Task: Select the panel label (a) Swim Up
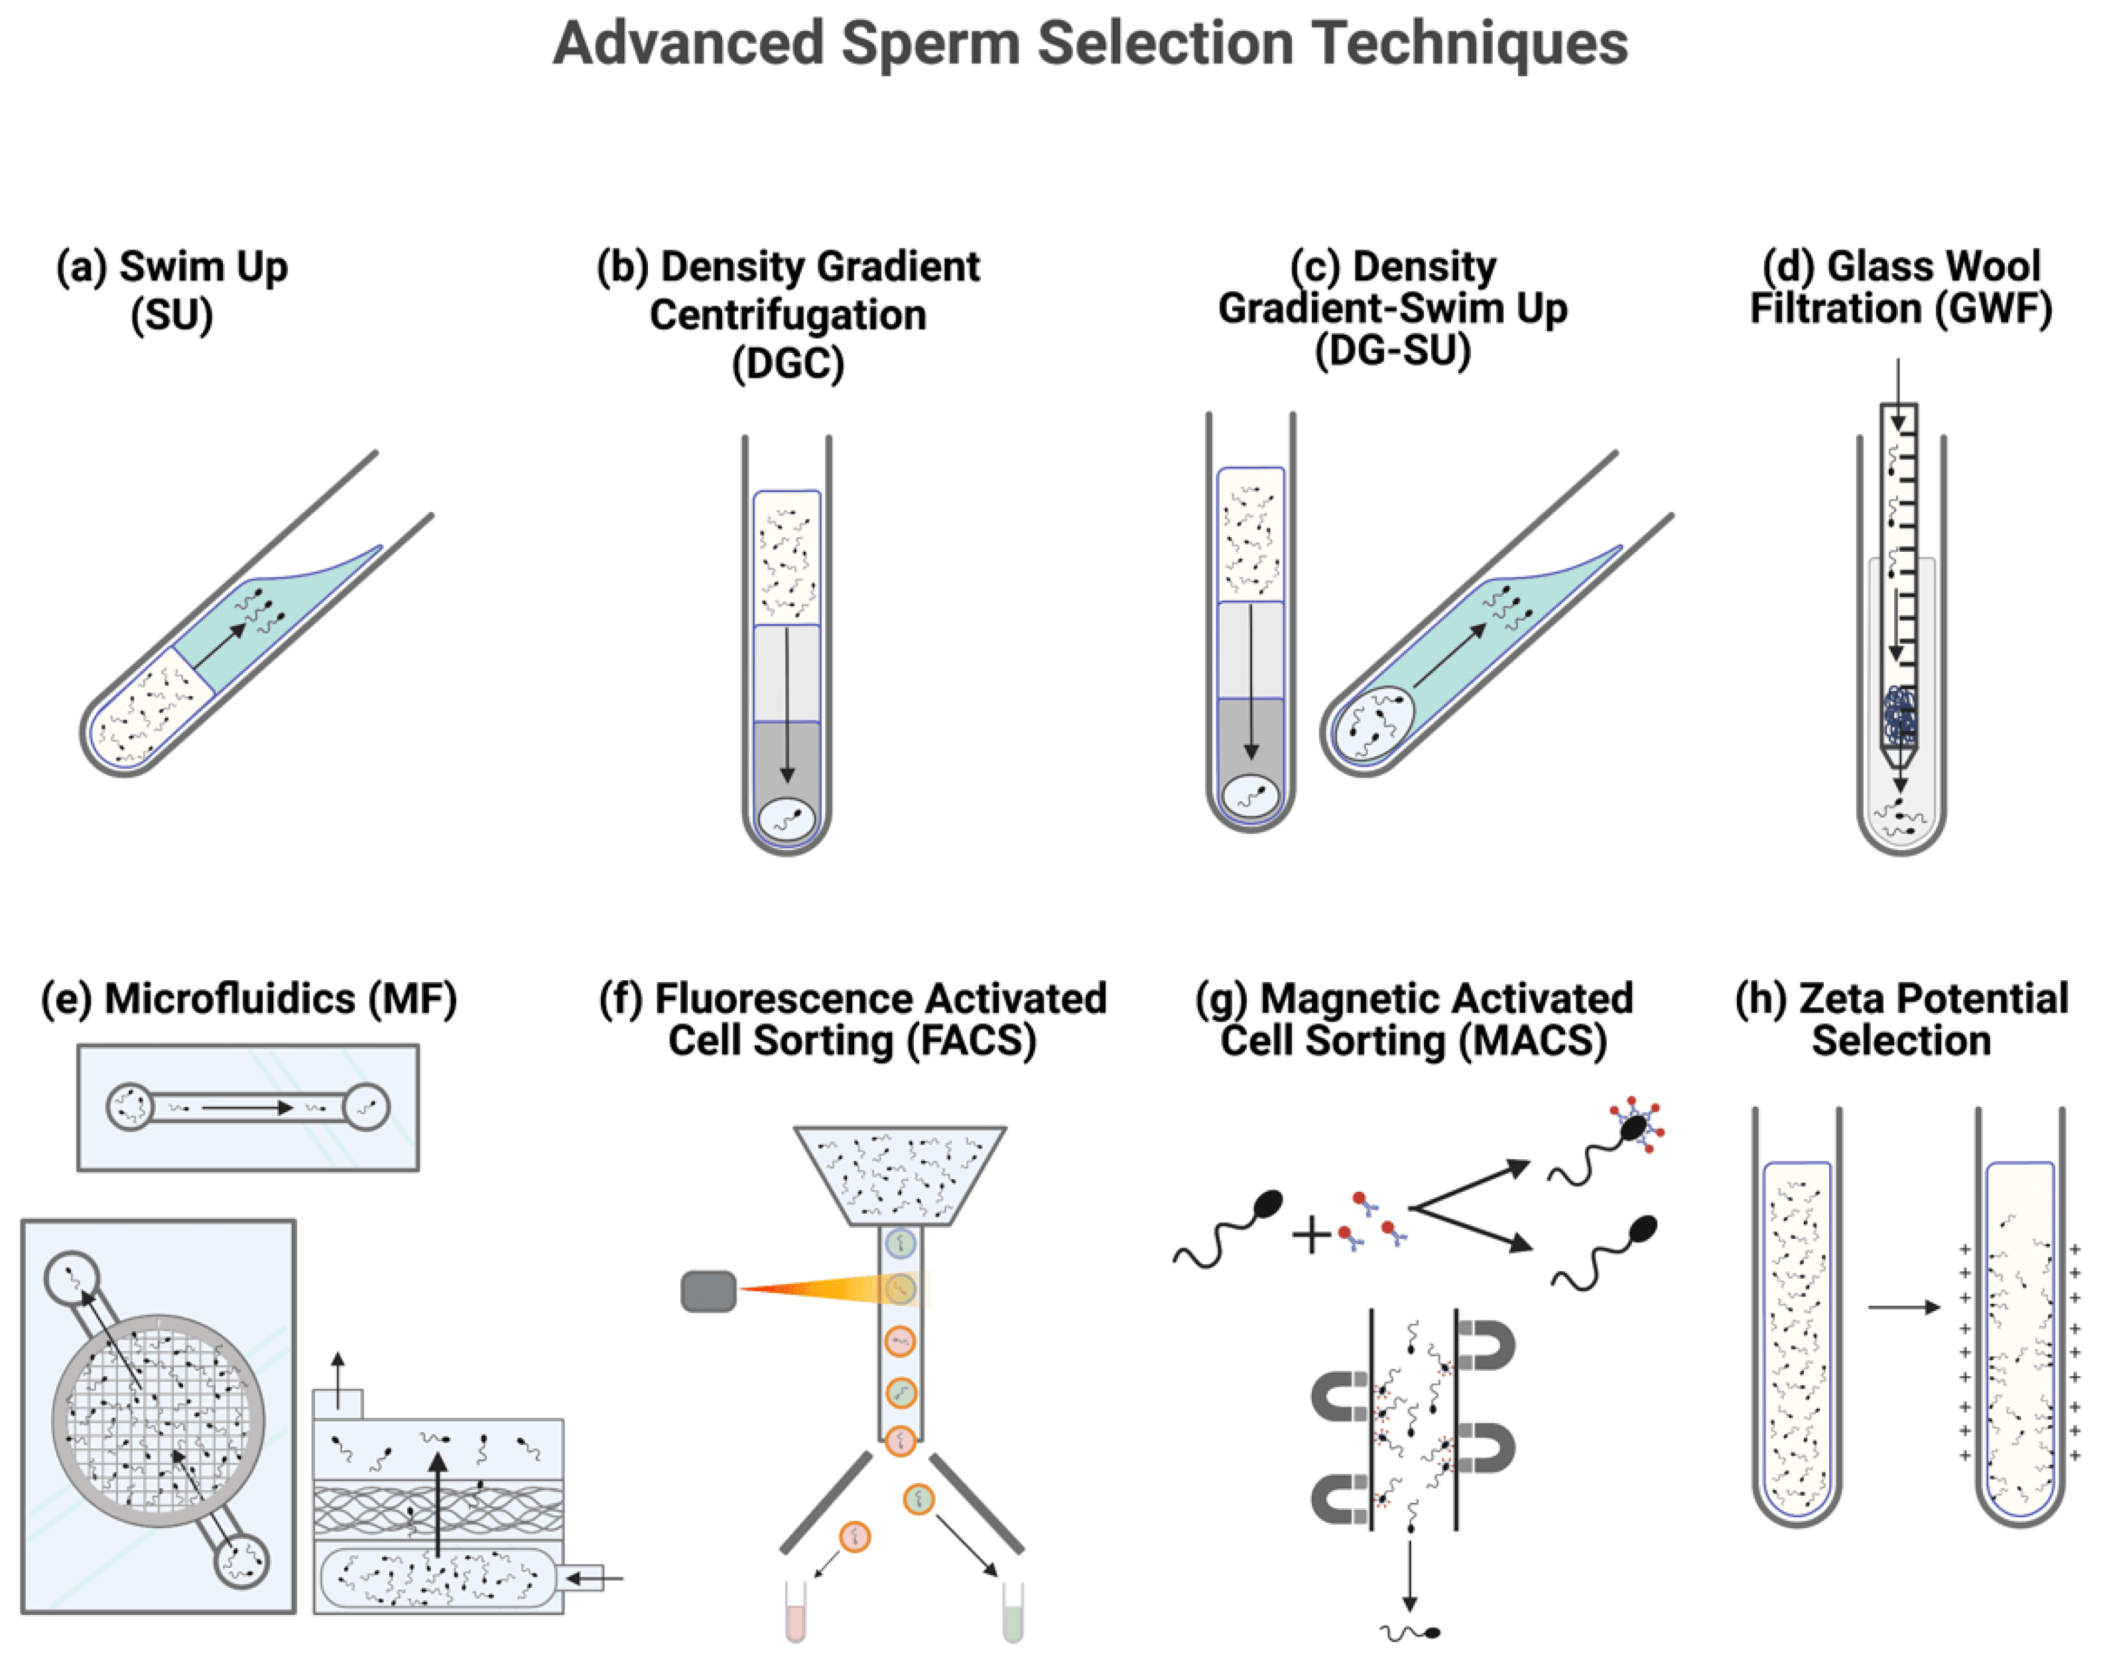point(172,267)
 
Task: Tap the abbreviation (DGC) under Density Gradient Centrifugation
point(787,363)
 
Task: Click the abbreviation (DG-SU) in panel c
point(1393,350)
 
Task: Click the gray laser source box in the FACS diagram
point(708,1291)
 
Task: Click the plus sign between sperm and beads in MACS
point(1311,1236)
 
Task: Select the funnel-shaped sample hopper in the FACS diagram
point(900,1174)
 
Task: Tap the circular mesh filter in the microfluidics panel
point(157,1420)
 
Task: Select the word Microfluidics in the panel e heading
point(229,999)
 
